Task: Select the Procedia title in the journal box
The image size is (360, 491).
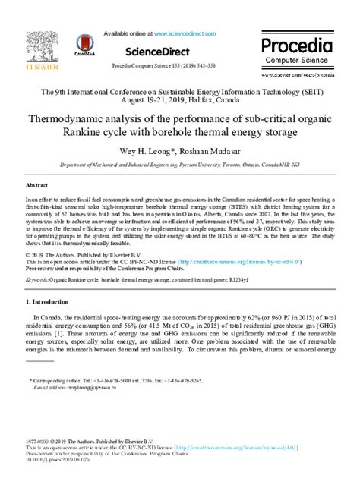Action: [298, 44]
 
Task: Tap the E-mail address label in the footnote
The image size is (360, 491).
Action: [50, 386]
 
